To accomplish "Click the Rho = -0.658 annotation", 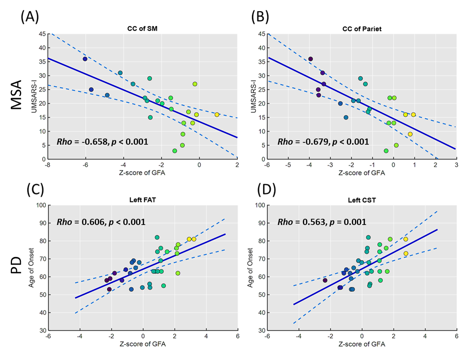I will (102, 142).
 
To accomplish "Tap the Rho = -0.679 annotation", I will (323, 142).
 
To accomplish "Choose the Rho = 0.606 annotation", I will (101, 222).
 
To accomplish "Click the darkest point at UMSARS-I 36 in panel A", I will (85, 59).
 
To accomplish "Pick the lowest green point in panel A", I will (175, 151).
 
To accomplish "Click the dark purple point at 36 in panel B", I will (310, 59).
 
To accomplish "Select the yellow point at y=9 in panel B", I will (410, 134).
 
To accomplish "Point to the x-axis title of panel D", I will (361, 344).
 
